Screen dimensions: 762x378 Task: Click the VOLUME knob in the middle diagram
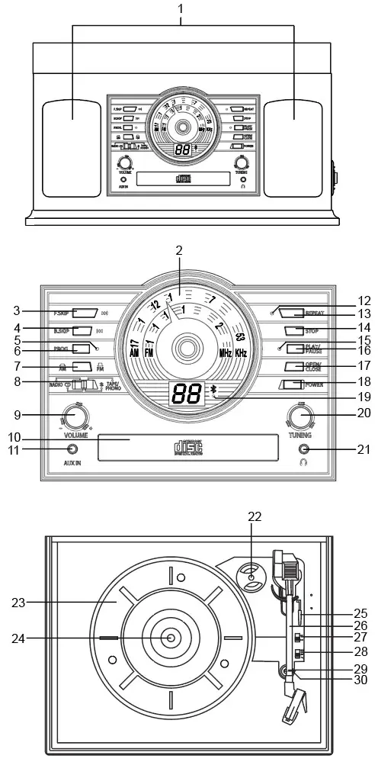pos(75,416)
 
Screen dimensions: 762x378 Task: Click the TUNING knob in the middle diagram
pos(300,416)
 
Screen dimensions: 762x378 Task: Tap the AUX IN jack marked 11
pos(72,449)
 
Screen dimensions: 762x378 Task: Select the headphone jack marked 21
pos(304,449)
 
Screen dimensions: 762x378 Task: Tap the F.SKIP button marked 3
pos(85,312)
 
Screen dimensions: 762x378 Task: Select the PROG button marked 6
pos(82,349)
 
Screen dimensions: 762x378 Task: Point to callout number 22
pos(254,516)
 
